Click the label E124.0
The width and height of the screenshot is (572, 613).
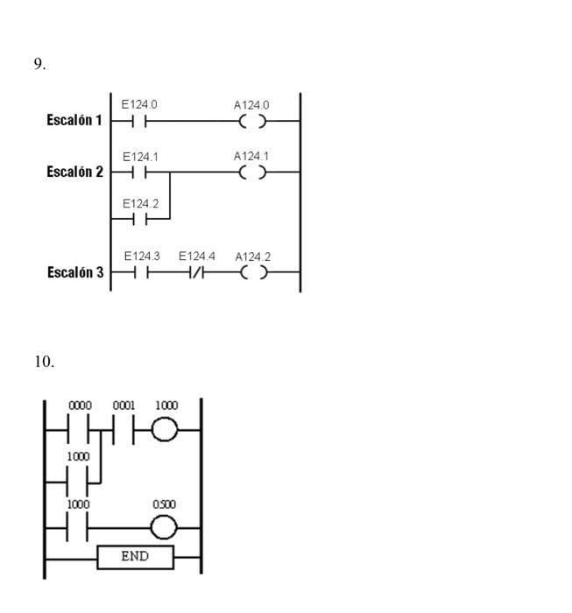(x=139, y=105)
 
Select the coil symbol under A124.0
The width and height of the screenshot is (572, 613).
(x=252, y=122)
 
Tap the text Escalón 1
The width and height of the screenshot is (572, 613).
(x=74, y=121)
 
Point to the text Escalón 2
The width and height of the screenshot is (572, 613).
(x=74, y=172)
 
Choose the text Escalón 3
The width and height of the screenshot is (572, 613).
(x=74, y=272)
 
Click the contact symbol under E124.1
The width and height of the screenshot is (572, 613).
(x=139, y=173)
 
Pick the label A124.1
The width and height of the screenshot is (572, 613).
(x=251, y=156)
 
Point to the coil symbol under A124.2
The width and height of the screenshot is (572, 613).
(x=252, y=272)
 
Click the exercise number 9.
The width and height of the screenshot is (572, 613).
(x=39, y=64)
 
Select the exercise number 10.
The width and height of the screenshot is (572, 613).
(x=42, y=360)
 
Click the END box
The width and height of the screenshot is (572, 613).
(x=136, y=556)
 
